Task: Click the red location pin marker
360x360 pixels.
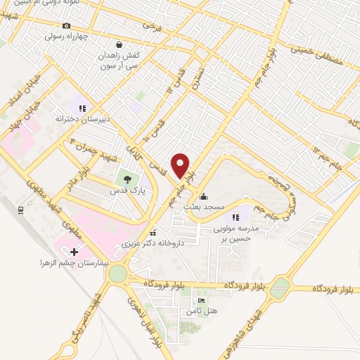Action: click(x=181, y=165)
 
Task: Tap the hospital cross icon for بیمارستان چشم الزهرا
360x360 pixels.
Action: click(x=75, y=251)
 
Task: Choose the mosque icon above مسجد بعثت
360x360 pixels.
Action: click(x=204, y=196)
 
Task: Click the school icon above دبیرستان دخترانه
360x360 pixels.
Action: click(x=82, y=108)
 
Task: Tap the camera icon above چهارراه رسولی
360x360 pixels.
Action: click(x=67, y=25)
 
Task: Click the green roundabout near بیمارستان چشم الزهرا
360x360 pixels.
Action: click(x=117, y=273)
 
